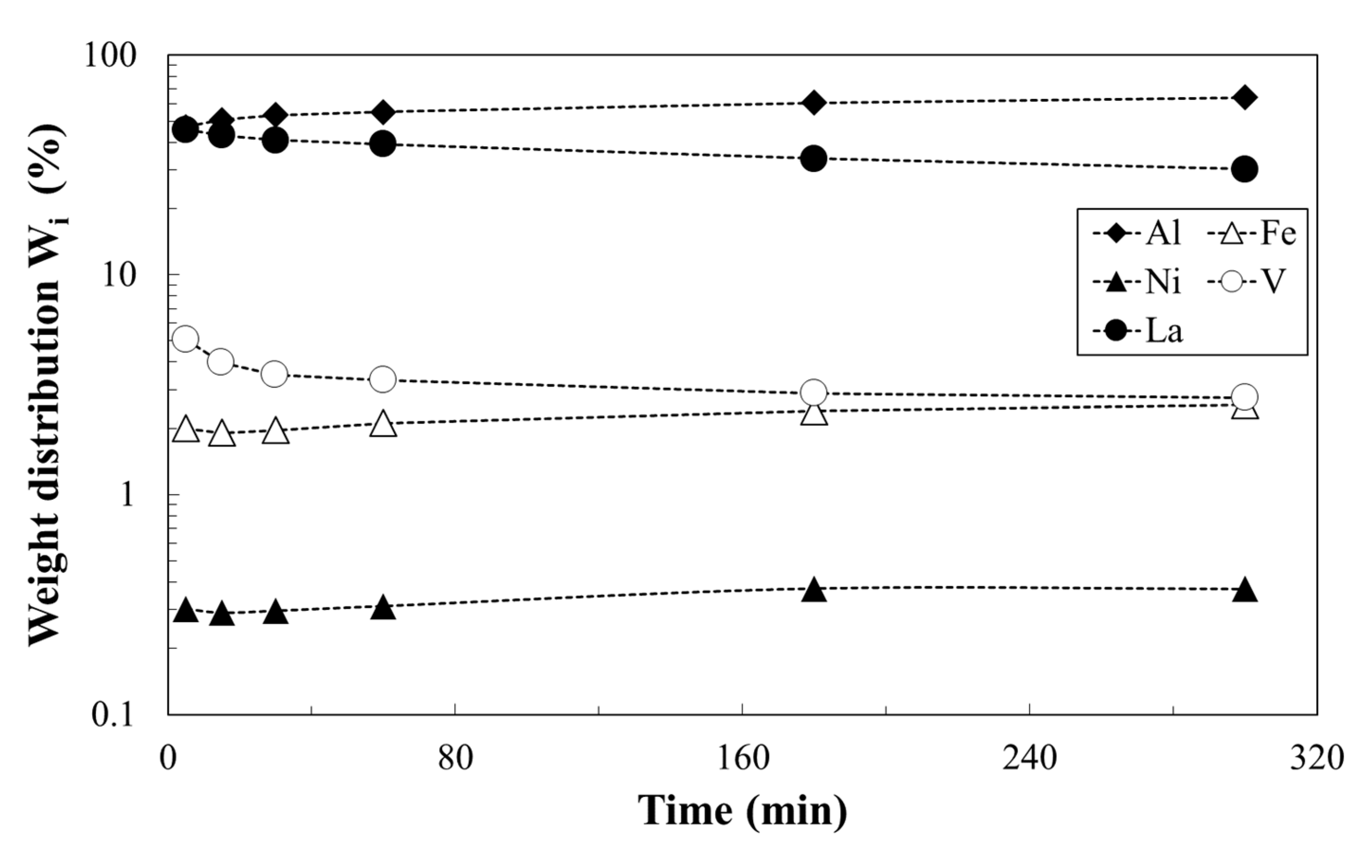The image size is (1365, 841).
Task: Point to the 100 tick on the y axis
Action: pyautogui.click(x=110, y=55)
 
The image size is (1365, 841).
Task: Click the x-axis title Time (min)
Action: pyautogui.click(x=742, y=810)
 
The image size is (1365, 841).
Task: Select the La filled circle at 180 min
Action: pyautogui.click(x=814, y=159)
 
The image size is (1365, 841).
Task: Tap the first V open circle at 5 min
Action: pyautogui.click(x=186, y=339)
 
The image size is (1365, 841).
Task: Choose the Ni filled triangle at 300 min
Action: pyautogui.click(x=1245, y=591)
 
